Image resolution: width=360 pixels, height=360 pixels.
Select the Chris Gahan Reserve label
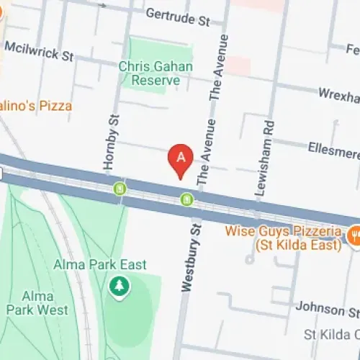tap(156, 73)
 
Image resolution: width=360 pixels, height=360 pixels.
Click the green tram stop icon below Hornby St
tap(120, 189)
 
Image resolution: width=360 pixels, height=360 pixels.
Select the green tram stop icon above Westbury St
tap(187, 199)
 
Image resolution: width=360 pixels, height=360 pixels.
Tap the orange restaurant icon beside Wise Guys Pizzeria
tap(354, 235)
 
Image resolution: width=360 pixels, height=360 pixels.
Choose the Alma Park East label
tap(100, 265)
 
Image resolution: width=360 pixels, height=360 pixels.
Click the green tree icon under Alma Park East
tap(117, 287)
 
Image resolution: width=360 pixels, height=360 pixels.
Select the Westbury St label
tap(189, 257)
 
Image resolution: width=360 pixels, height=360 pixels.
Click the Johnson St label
tap(328, 310)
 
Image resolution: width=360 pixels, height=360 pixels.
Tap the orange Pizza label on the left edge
tap(36, 106)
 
